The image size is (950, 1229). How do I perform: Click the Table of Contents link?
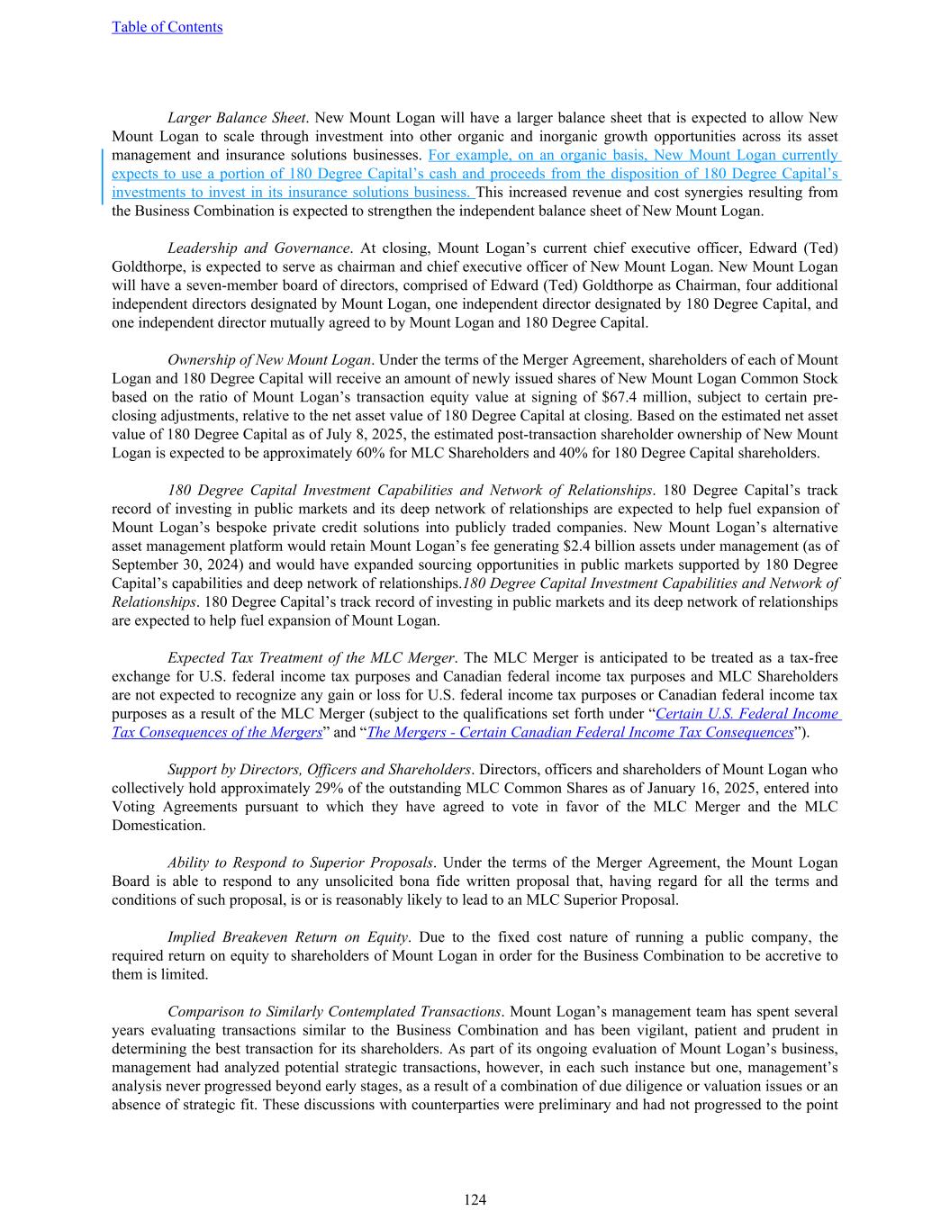[167, 27]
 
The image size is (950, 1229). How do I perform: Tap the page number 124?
[475, 1199]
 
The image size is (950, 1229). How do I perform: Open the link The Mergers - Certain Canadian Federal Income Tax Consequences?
[580, 732]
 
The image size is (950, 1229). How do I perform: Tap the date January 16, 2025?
[743, 788]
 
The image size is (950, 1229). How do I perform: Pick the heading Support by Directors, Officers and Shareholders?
[319, 769]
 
